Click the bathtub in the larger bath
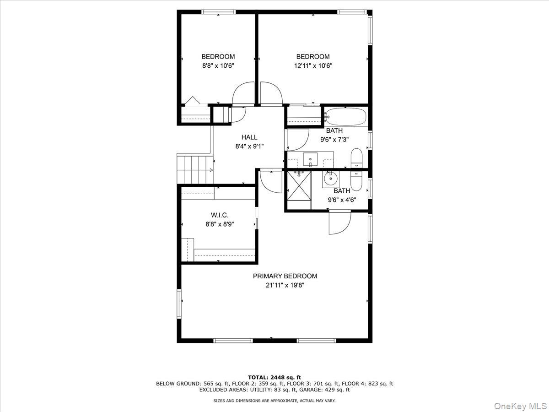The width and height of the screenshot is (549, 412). click(345, 117)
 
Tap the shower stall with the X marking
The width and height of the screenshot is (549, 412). click(298, 186)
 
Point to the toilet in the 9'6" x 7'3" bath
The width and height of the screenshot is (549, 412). click(356, 158)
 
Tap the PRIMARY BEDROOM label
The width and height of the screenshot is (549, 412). click(285, 276)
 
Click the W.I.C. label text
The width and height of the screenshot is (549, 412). click(220, 215)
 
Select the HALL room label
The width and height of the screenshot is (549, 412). click(249, 137)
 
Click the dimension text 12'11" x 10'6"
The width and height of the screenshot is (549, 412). click(313, 65)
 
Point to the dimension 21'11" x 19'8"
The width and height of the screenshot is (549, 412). click(285, 285)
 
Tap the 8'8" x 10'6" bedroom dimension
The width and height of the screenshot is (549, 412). click(218, 65)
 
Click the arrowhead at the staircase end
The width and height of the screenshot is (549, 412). click(211, 170)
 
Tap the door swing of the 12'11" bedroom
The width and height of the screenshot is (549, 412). click(271, 93)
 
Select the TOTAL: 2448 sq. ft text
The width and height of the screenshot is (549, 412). click(274, 378)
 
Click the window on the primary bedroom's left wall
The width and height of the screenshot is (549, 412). click(179, 303)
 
